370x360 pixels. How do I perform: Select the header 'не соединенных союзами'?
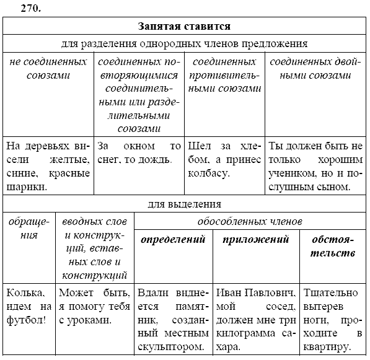tap(48, 69)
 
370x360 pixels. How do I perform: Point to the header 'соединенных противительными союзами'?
tap(224, 75)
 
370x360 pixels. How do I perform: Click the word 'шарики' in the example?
tap(26, 186)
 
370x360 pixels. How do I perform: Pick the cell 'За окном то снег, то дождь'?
tap(139, 153)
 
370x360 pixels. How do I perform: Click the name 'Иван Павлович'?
tap(255, 292)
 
